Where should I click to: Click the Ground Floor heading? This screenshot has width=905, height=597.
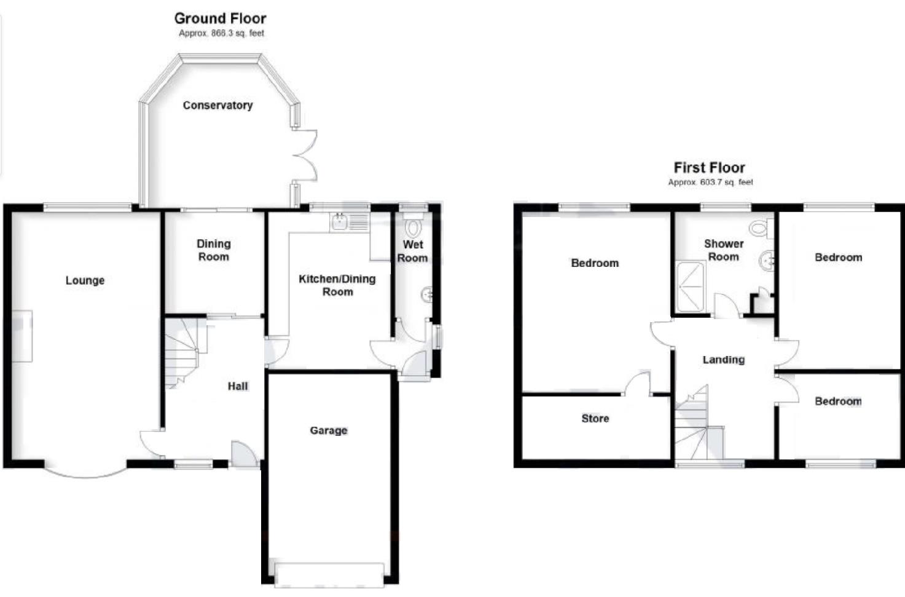(220, 18)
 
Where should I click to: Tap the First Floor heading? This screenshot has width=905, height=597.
(709, 167)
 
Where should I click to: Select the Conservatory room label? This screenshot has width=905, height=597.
(217, 105)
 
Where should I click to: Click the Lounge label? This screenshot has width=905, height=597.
(85, 280)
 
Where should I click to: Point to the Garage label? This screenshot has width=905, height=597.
(328, 430)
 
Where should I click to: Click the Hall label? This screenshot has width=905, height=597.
(238, 386)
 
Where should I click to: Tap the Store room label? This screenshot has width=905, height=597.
(595, 418)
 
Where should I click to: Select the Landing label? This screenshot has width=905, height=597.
(723, 360)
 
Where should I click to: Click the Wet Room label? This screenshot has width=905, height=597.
(412, 251)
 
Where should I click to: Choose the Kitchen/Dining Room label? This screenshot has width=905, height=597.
(337, 285)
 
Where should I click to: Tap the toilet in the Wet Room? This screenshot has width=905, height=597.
(413, 227)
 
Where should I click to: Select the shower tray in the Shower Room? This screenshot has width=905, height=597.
(691, 287)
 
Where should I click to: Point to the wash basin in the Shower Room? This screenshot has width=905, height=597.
(766, 261)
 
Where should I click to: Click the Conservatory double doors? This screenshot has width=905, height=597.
(305, 156)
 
